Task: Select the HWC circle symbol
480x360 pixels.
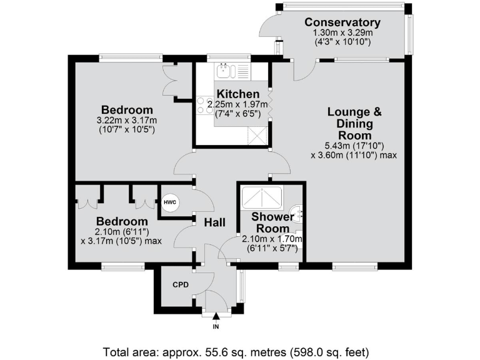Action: click(169, 202)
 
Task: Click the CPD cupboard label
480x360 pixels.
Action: click(181, 284)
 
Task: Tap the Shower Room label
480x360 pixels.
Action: click(272, 222)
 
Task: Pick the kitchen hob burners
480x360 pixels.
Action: click(204, 105)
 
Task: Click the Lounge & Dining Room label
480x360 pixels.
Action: click(354, 123)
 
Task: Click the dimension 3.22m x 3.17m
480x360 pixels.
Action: click(126, 120)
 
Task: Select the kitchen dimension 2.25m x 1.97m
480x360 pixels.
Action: click(241, 104)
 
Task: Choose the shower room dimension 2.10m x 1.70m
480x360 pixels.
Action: click(272, 239)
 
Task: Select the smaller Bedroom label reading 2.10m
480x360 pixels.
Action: click(121, 221)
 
